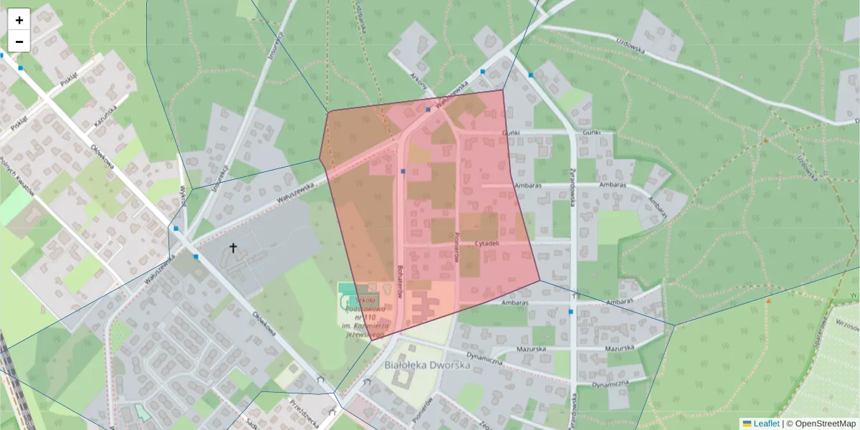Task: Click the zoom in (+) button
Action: click(19, 20)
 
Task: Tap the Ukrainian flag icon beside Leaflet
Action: click(747, 424)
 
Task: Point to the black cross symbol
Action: click(233, 248)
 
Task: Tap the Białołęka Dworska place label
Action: click(427, 365)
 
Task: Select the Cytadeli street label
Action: click(487, 243)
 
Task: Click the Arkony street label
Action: click(419, 84)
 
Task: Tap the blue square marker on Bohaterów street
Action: click(403, 171)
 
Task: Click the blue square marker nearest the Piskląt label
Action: click(21, 68)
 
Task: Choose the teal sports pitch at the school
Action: click(347, 290)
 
